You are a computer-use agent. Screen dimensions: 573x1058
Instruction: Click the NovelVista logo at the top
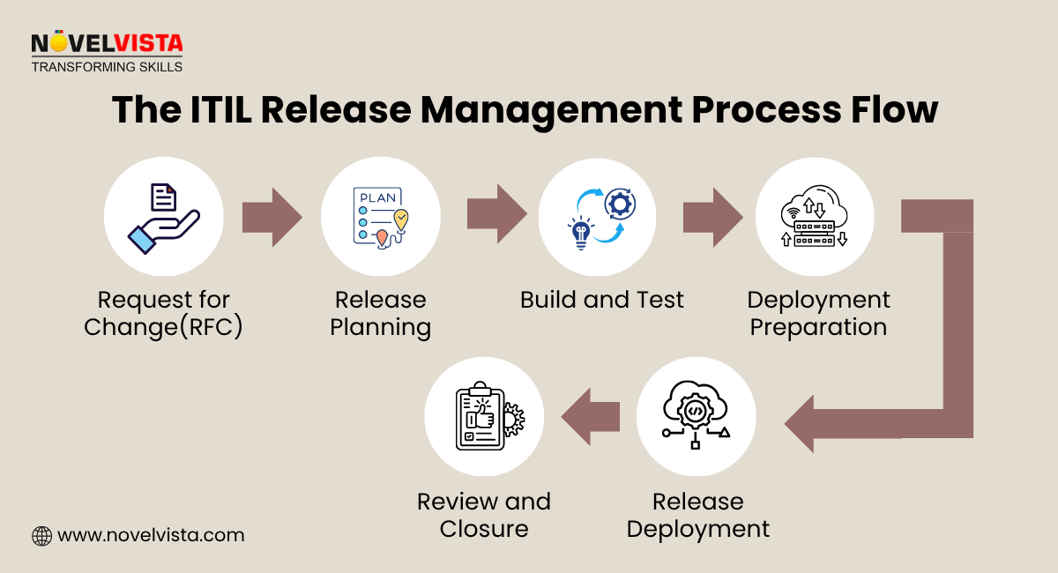(107, 51)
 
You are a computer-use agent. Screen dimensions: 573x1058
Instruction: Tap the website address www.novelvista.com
(150, 535)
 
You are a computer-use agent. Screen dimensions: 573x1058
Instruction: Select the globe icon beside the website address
(41, 535)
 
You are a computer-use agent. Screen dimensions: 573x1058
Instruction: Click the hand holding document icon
(163, 217)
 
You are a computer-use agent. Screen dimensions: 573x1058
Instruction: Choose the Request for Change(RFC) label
(163, 314)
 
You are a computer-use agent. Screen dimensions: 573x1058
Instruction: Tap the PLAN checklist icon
(380, 217)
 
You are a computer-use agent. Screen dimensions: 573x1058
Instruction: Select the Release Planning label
(380, 314)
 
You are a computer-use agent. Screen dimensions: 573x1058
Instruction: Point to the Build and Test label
(601, 301)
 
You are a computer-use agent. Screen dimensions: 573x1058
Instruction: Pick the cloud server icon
(814, 217)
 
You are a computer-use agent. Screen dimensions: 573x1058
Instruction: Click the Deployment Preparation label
(818, 314)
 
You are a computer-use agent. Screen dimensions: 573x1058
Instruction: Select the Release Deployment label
(697, 516)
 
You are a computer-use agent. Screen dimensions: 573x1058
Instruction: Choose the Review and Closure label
(483, 516)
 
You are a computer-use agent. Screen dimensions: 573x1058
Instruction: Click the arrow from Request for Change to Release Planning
(272, 217)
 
